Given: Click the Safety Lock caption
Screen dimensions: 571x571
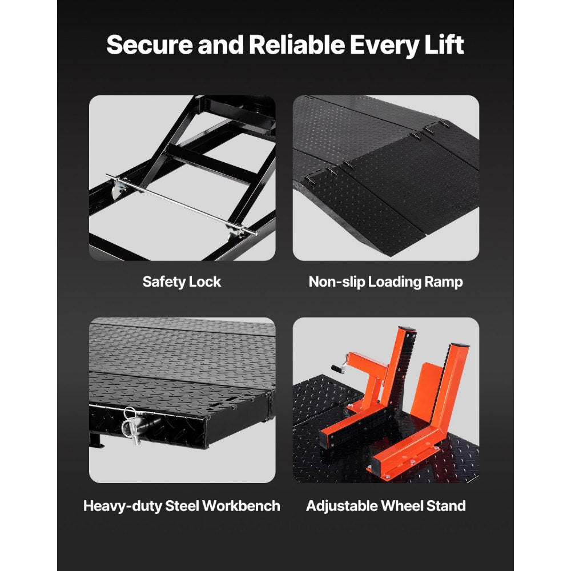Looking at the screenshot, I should [182, 282].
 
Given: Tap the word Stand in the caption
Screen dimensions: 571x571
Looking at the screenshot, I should [447, 505].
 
